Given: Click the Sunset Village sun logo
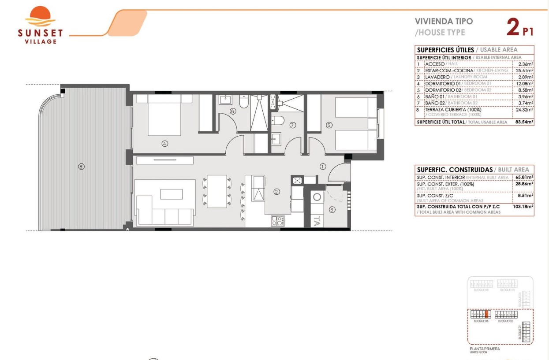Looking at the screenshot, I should pyautogui.click(x=40, y=17).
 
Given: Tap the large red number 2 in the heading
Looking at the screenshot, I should pyautogui.click(x=512, y=27).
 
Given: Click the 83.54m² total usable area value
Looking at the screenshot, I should pyautogui.click(x=524, y=122).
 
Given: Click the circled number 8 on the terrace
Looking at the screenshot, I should pyautogui.click(x=81, y=167).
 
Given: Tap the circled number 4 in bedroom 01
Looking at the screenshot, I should pyautogui.click(x=164, y=143).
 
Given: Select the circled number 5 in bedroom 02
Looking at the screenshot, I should pyautogui.click(x=329, y=125).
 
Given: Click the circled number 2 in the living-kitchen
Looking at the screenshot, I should pyautogui.click(x=276, y=192).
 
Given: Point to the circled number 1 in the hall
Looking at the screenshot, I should pyautogui.click(x=323, y=167).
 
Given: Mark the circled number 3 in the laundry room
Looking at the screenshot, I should pyautogui.click(x=332, y=210).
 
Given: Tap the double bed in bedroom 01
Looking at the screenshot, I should pyautogui.click(x=164, y=115).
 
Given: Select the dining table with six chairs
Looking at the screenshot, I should pyautogui.click(x=217, y=191).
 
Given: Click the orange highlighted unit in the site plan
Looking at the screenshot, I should pyautogui.click(x=487, y=315).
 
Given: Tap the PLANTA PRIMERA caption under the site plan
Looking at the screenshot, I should pyautogui.click(x=485, y=349).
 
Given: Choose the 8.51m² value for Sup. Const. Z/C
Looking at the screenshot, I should pyautogui.click(x=525, y=195).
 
